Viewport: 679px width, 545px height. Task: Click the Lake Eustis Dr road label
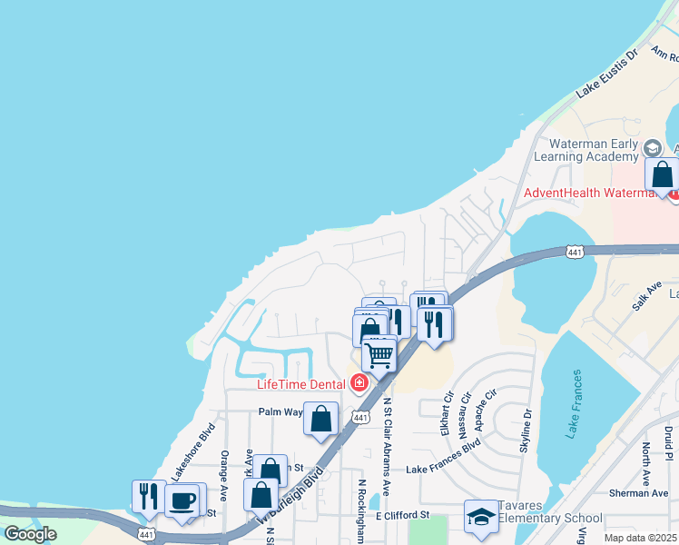click(608, 74)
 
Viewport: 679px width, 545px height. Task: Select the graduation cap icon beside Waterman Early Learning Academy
click(652, 148)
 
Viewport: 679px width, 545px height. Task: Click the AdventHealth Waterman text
click(595, 193)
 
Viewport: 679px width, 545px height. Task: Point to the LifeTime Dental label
click(300, 384)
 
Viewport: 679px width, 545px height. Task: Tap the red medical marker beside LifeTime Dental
click(360, 383)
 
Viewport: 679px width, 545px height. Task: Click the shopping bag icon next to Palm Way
click(321, 420)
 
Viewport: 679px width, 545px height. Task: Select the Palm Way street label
click(280, 411)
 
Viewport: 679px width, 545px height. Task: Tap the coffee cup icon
click(182, 500)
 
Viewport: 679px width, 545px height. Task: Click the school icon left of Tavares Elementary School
click(481, 518)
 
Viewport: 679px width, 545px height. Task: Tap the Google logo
click(30, 534)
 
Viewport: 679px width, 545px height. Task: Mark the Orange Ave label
click(223, 470)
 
